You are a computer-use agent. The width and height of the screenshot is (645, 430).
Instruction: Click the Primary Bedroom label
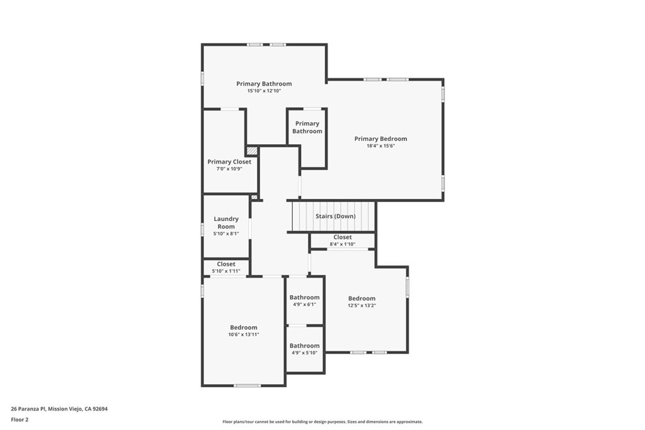tap(380, 139)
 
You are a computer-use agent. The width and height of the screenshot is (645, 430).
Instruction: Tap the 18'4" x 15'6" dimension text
tap(380, 146)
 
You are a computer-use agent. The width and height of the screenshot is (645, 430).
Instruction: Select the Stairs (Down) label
tap(335, 216)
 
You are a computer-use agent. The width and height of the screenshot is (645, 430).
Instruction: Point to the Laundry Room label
tap(226, 223)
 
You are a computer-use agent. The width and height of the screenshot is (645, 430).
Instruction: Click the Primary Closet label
tap(229, 162)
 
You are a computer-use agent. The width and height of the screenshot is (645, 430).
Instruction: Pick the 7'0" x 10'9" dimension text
tap(229, 169)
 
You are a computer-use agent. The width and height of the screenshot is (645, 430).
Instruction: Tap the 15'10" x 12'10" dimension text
tap(264, 91)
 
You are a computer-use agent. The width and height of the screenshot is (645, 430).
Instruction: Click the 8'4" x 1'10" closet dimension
tap(343, 244)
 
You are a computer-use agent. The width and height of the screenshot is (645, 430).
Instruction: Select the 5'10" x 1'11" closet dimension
tap(226, 271)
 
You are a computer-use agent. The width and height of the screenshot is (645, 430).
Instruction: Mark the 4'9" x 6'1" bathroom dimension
tap(304, 304)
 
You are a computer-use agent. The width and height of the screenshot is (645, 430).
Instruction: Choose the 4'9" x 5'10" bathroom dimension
tap(304, 353)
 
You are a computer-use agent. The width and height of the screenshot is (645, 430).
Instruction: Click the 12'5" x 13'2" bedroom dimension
tap(362, 305)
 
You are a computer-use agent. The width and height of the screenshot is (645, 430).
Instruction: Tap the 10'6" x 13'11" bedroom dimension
tap(244, 334)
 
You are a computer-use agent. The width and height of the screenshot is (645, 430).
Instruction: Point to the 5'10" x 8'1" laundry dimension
tap(226, 234)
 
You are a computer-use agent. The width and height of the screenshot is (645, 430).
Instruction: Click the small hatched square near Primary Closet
tap(252, 151)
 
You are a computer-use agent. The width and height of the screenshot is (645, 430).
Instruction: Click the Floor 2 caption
tap(20, 419)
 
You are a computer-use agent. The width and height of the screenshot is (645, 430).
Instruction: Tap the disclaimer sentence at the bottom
tap(322, 422)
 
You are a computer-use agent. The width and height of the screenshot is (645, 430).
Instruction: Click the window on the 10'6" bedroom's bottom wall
tap(247, 385)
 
